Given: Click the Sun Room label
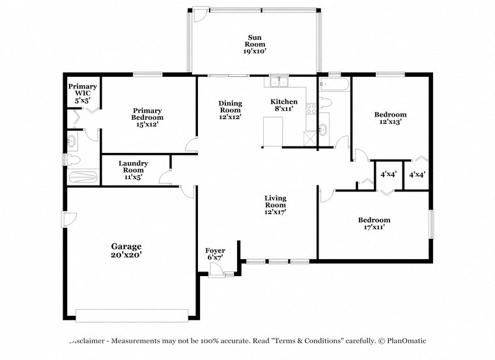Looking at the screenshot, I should (255, 44).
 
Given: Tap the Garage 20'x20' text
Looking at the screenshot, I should (126, 251).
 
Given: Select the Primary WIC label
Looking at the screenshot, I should (83, 94).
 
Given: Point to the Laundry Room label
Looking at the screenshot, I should (134, 170).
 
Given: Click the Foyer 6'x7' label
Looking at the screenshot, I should (215, 254).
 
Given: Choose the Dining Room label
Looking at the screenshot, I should (230, 109).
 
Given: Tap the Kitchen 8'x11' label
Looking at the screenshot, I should (284, 105).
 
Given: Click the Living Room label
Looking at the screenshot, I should (276, 204).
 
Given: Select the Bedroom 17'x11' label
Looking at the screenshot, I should (374, 224).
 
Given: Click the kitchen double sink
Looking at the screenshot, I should (279, 82).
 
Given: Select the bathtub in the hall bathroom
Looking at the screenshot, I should (334, 85).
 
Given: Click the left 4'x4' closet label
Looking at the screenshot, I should (389, 174).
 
